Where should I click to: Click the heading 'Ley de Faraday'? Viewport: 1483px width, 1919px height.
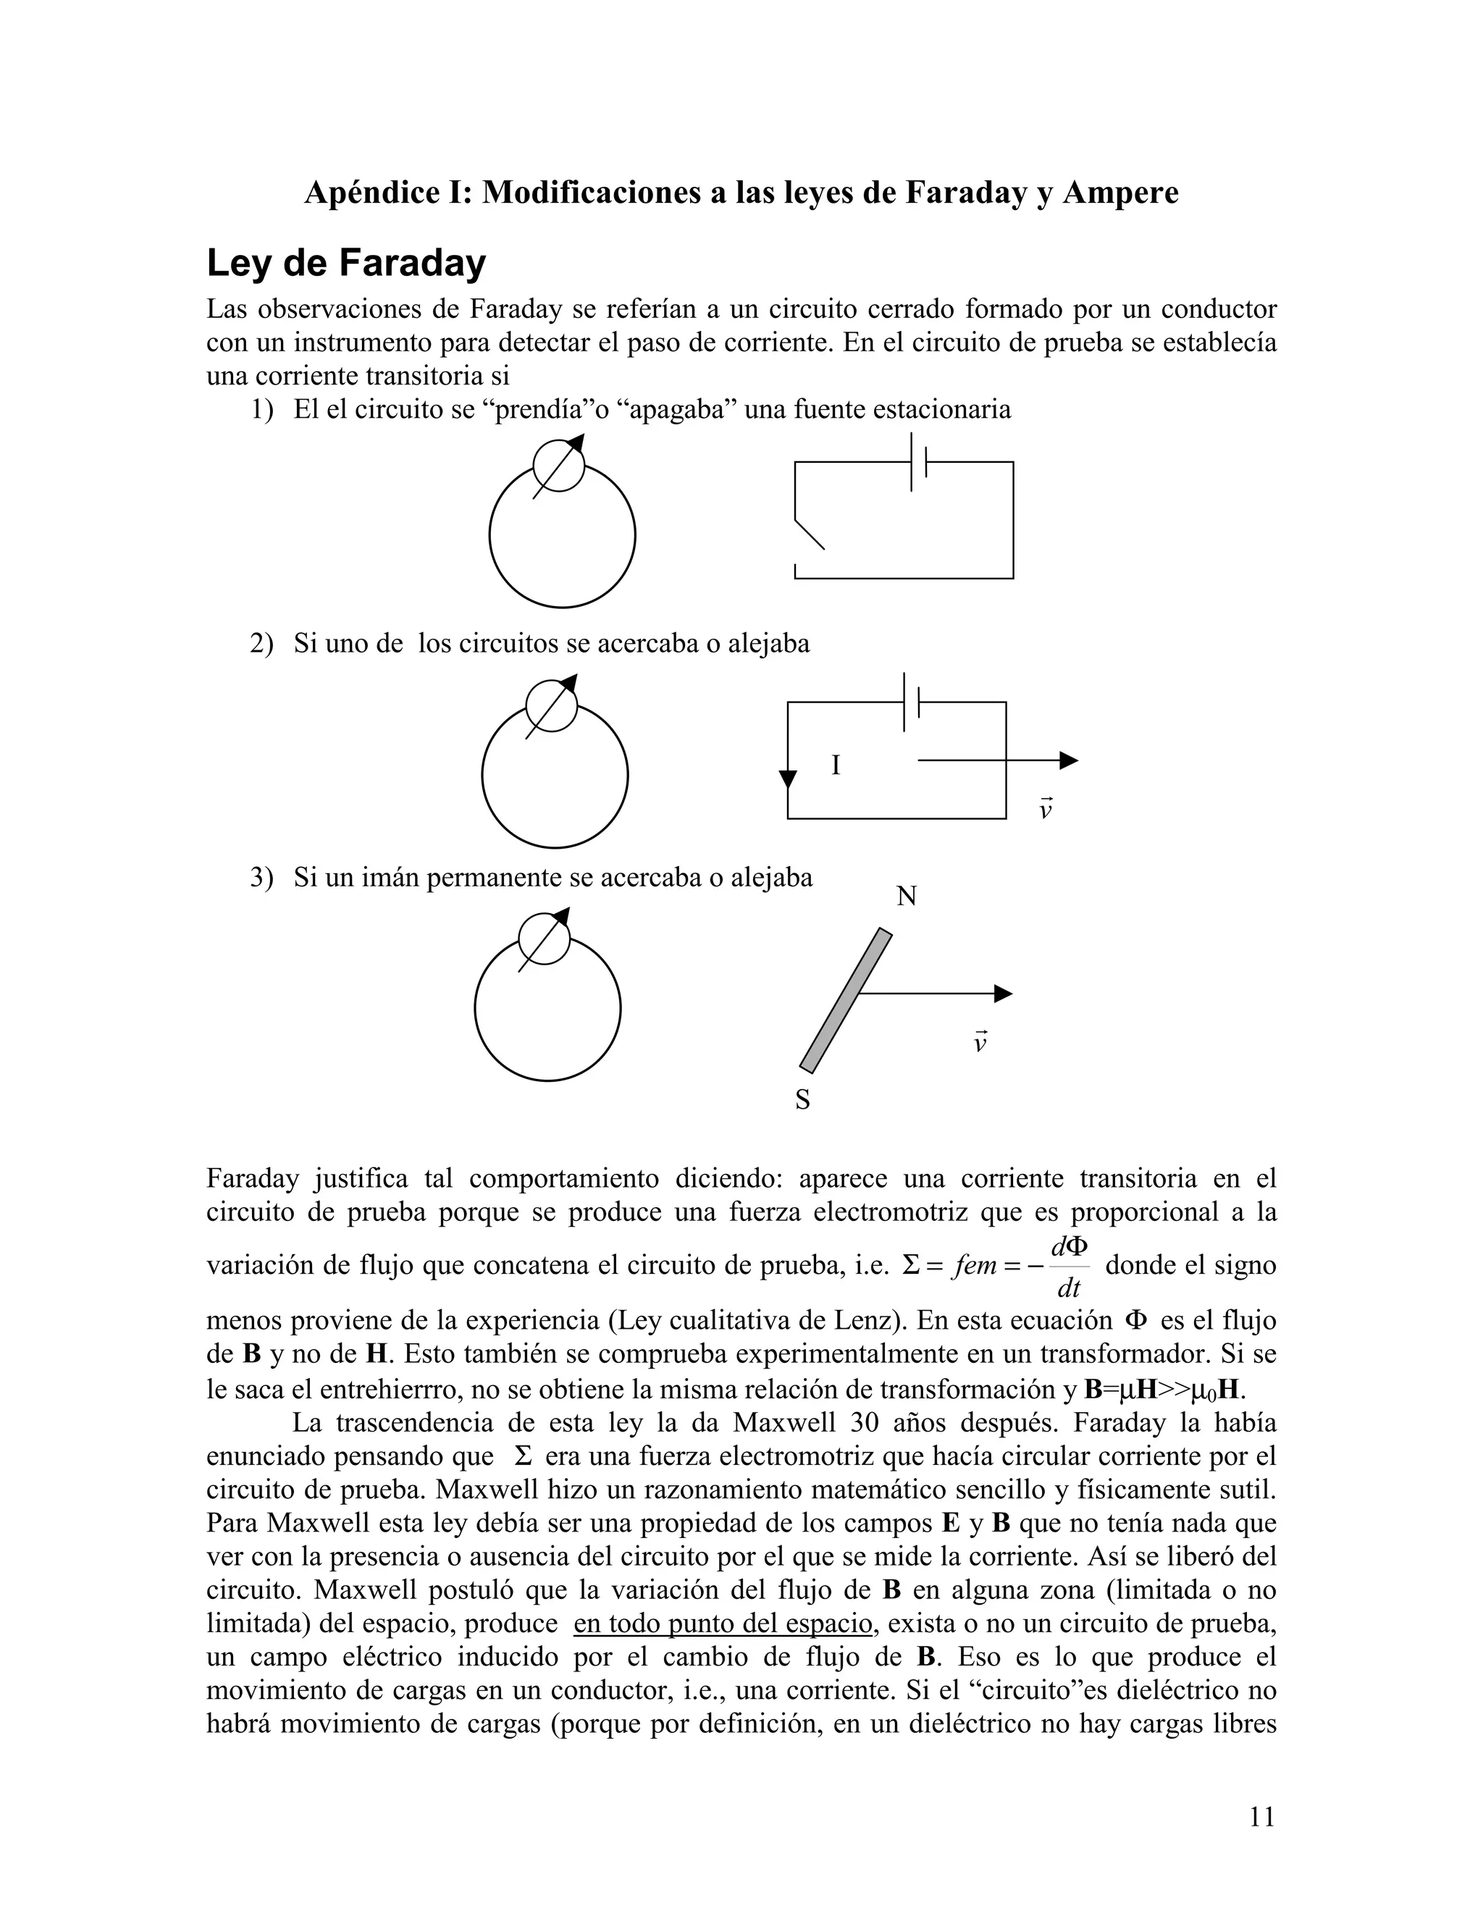pos(345,264)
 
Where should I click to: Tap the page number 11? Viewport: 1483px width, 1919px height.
pos(1261,1816)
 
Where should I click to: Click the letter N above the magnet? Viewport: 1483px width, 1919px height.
pos(907,897)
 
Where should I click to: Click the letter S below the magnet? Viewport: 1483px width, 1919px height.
pos(802,1100)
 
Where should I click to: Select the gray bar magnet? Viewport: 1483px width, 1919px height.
pos(845,1001)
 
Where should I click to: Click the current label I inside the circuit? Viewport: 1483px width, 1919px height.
pos(836,766)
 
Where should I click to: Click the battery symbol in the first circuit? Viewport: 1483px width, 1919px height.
pos(919,462)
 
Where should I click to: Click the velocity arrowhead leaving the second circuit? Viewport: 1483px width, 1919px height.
pos(1067,761)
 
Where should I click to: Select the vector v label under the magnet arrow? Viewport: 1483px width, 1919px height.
pos(980,1042)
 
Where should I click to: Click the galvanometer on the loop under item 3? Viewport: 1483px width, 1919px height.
pos(545,939)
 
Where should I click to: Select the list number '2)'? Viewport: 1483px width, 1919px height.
pos(261,644)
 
